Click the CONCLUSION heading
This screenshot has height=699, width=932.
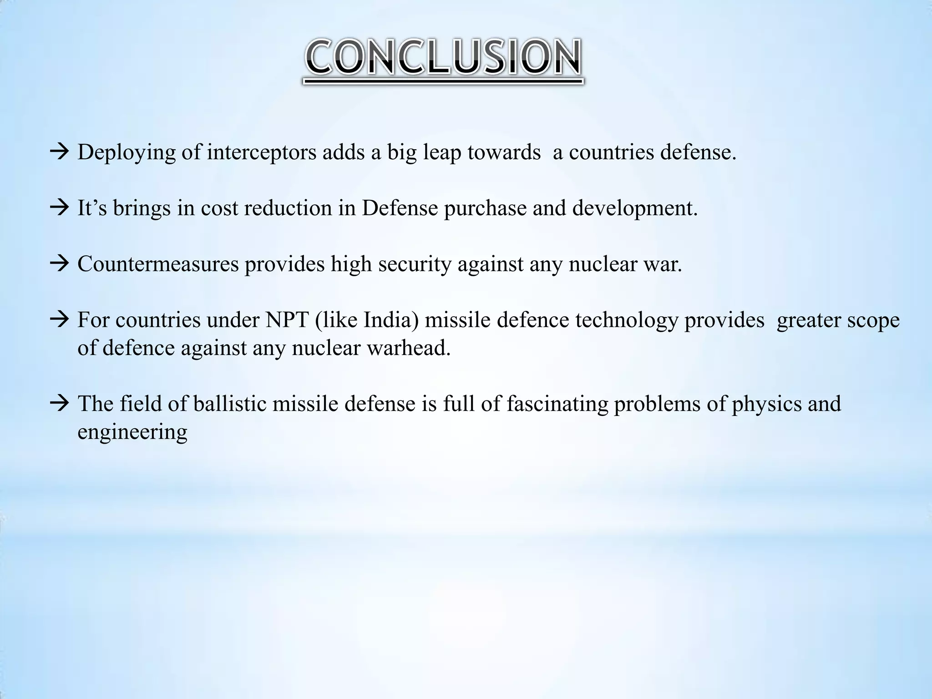443,58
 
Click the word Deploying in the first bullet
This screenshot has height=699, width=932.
126,152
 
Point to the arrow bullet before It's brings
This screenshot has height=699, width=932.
59,208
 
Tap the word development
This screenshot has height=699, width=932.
634,209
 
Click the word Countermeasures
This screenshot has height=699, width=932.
158,264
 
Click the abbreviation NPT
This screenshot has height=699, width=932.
285,320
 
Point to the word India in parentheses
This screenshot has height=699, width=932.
390,320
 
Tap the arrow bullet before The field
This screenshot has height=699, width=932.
59,404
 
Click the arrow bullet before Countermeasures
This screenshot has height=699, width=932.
59,264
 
